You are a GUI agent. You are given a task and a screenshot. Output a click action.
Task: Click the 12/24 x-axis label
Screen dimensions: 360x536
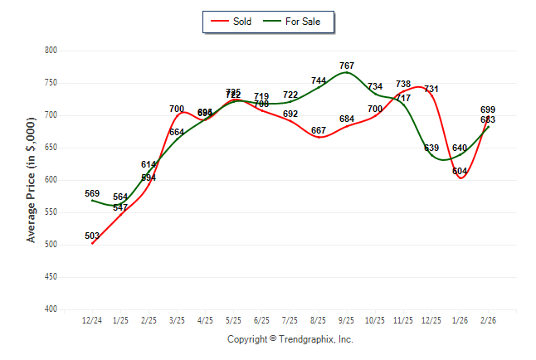click(92, 320)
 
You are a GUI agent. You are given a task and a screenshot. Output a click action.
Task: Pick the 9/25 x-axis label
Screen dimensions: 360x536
click(347, 320)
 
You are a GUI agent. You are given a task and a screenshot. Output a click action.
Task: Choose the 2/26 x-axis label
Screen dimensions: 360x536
click(488, 320)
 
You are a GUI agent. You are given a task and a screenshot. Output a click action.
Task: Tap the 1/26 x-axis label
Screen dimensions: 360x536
click(460, 320)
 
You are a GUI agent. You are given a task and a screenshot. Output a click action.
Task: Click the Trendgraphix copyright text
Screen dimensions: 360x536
click(290, 339)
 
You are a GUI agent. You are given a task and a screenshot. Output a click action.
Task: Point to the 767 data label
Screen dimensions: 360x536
click(347, 65)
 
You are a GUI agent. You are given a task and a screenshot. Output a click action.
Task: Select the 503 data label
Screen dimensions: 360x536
click(92, 236)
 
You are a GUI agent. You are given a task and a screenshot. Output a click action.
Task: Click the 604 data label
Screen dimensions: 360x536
click(460, 171)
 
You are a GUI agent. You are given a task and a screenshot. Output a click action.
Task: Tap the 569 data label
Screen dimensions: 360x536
click(92, 193)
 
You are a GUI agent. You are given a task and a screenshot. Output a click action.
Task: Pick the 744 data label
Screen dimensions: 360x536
click(319, 80)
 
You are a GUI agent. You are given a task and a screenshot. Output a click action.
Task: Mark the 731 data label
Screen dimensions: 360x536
click(431, 89)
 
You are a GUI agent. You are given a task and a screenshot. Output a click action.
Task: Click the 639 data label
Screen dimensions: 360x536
click(431, 148)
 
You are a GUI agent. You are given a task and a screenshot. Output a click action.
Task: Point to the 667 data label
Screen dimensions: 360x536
click(319, 130)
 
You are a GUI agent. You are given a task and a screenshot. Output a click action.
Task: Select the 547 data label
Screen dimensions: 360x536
click(120, 207)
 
